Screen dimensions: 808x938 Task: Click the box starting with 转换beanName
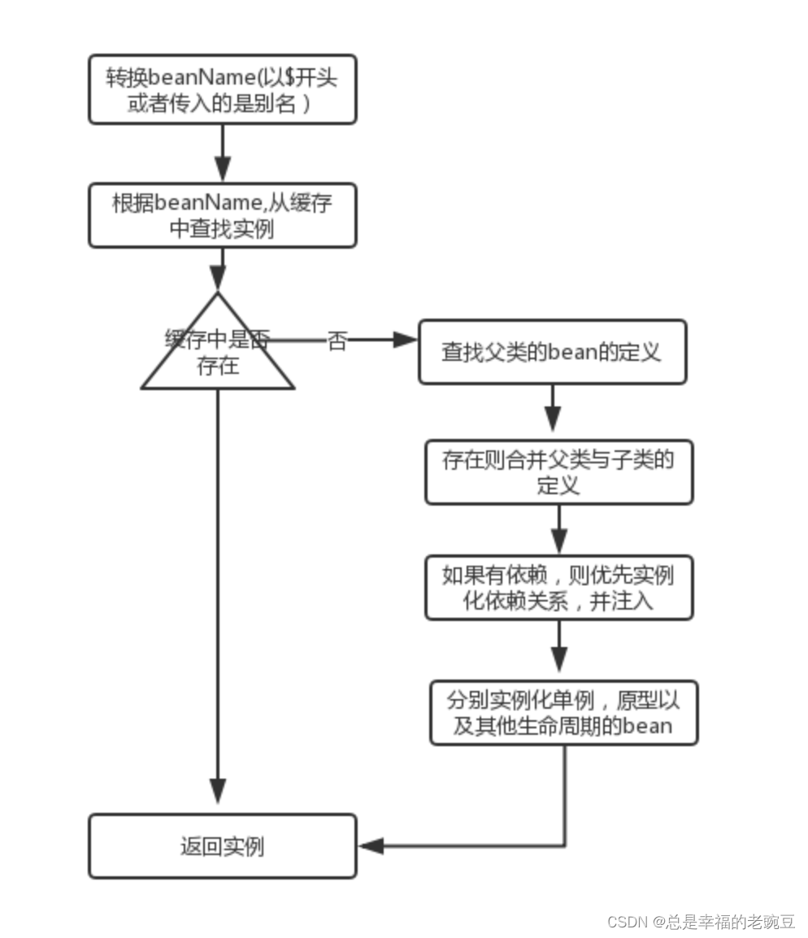point(223,89)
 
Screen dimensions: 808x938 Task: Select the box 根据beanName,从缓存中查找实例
point(223,215)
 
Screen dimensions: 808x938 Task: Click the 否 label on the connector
point(337,341)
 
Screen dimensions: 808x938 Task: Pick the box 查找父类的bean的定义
point(552,352)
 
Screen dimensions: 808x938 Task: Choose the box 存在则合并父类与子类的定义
point(559,472)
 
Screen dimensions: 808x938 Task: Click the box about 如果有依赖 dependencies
point(559,588)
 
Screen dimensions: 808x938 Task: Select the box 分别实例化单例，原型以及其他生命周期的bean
point(564,713)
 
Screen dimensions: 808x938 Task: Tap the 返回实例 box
point(223,846)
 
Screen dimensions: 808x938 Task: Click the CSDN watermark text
point(701,921)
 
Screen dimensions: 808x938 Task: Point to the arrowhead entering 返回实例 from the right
point(371,846)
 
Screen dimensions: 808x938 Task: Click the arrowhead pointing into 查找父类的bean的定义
point(405,340)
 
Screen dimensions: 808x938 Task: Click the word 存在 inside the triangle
point(218,366)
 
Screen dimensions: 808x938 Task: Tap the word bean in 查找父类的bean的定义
point(574,352)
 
